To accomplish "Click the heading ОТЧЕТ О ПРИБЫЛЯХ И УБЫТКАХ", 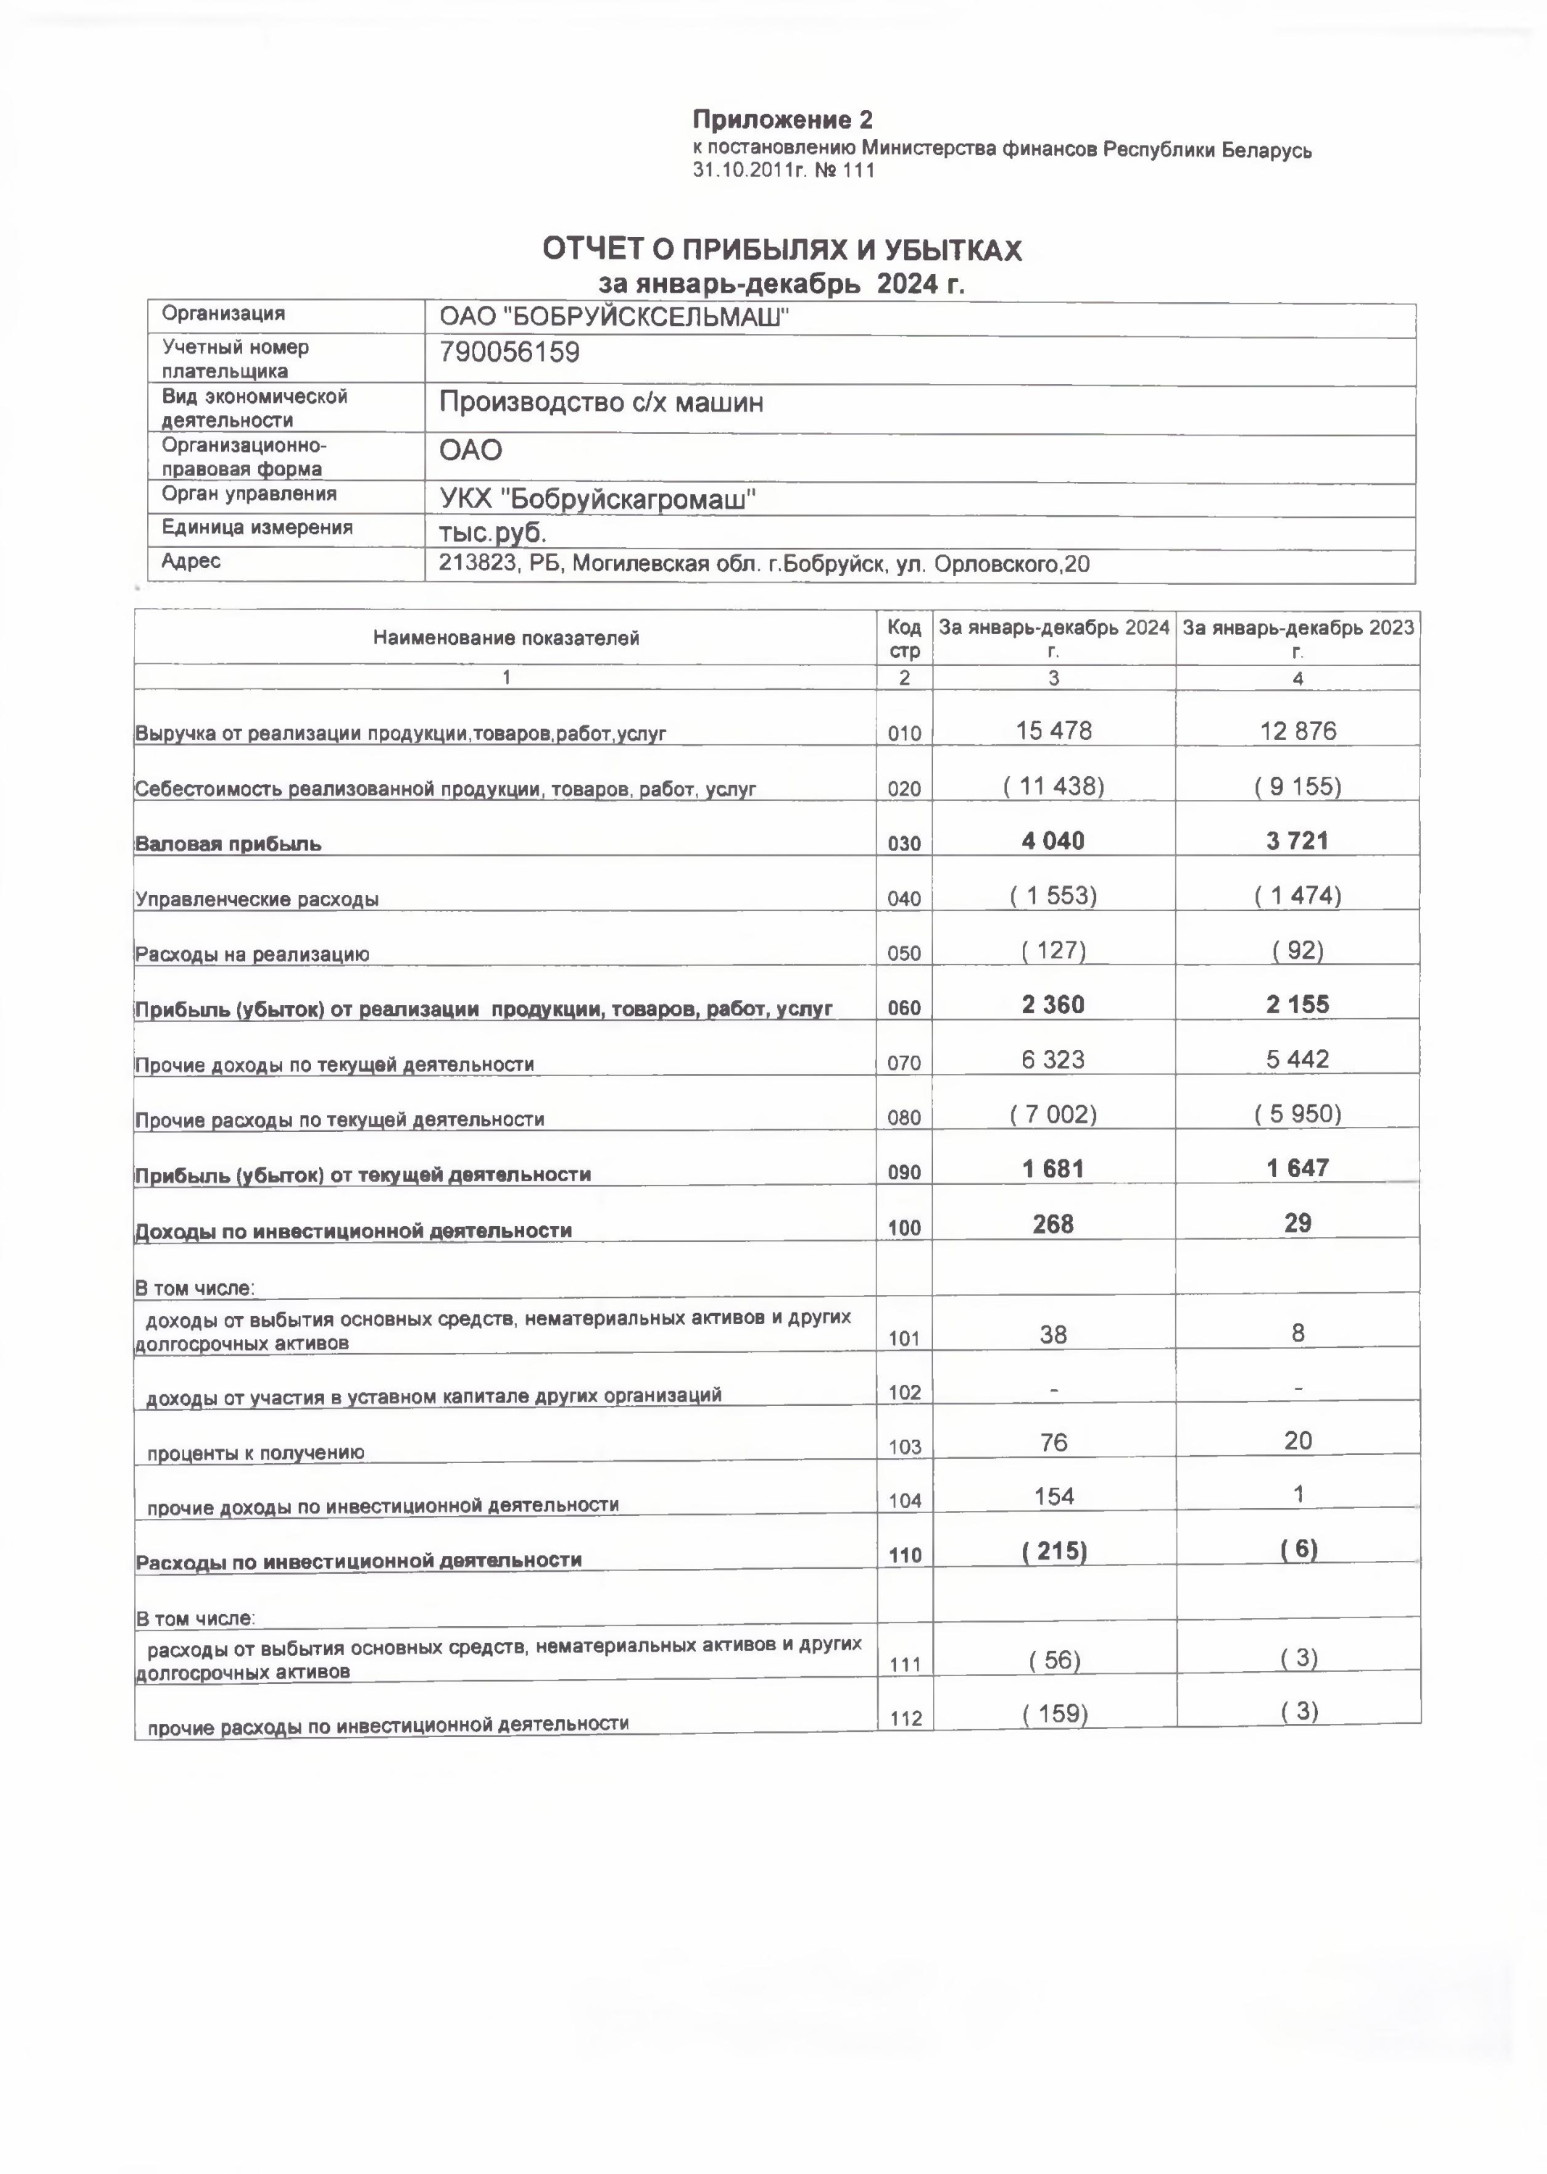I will (x=781, y=249).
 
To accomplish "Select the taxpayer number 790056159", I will (x=509, y=354).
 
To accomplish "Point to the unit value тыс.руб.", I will (x=492, y=533).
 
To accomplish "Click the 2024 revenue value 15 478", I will (x=1053, y=730).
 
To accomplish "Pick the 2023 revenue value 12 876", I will (x=1298, y=730).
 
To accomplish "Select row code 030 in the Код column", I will (x=903, y=844).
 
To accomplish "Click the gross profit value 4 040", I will (x=1053, y=841).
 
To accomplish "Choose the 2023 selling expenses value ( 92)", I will (x=1298, y=950).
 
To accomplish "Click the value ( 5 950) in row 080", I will (x=1298, y=1114).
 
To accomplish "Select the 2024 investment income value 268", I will (x=1053, y=1225).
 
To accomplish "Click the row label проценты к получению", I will (x=255, y=1453).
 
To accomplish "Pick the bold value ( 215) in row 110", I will (x=1053, y=1552).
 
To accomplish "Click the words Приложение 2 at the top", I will (x=781, y=120).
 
